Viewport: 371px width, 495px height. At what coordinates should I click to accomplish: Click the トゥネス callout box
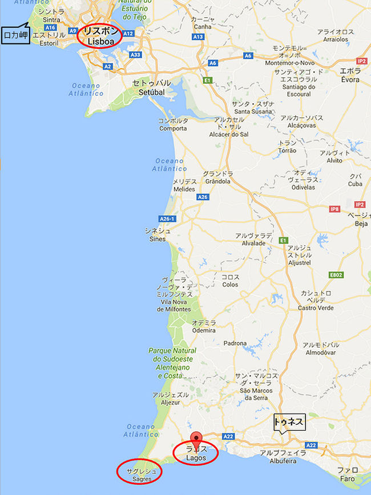(288, 422)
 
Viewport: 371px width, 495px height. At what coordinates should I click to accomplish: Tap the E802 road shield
(337, 275)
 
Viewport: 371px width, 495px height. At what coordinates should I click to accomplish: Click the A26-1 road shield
(167, 218)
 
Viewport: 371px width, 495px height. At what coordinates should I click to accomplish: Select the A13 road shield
(198, 37)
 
